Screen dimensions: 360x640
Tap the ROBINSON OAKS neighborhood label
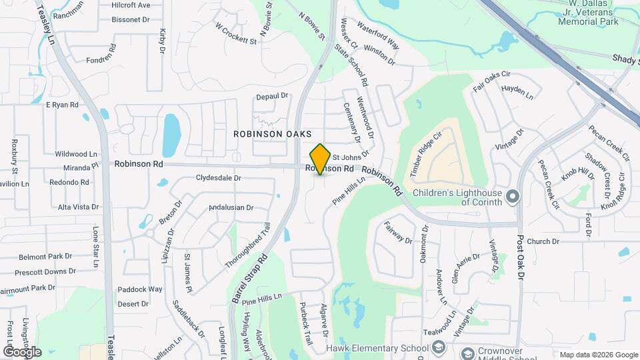point(272,134)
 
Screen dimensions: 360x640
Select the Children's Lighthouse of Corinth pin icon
point(513,196)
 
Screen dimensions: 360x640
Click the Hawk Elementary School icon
point(438,347)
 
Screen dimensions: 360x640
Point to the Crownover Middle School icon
point(467,353)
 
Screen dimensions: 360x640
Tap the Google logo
point(22,351)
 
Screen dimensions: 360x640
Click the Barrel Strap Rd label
point(245,279)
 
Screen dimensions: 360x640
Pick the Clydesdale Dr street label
point(219,178)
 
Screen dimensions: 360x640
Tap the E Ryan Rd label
point(62,105)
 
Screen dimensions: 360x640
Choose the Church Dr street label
point(542,241)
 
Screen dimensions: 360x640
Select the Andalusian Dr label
point(231,207)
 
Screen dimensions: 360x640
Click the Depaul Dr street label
point(272,96)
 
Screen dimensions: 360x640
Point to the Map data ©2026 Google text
point(598,355)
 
